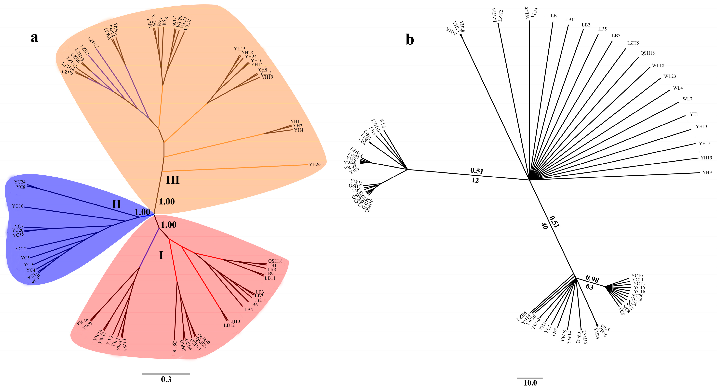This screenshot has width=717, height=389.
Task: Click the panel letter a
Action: click(34, 37)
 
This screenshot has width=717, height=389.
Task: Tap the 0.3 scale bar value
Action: click(166, 379)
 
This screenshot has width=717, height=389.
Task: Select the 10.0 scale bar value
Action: click(530, 383)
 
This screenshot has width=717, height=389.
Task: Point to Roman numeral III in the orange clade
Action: click(173, 180)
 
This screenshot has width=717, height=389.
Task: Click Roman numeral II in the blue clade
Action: click(116, 204)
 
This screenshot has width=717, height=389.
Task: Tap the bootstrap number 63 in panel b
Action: click(590, 287)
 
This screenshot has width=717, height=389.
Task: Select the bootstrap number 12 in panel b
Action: click(475, 180)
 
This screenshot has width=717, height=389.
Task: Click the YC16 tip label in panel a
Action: click(18, 206)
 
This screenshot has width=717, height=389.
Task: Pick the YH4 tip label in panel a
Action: click(299, 130)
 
